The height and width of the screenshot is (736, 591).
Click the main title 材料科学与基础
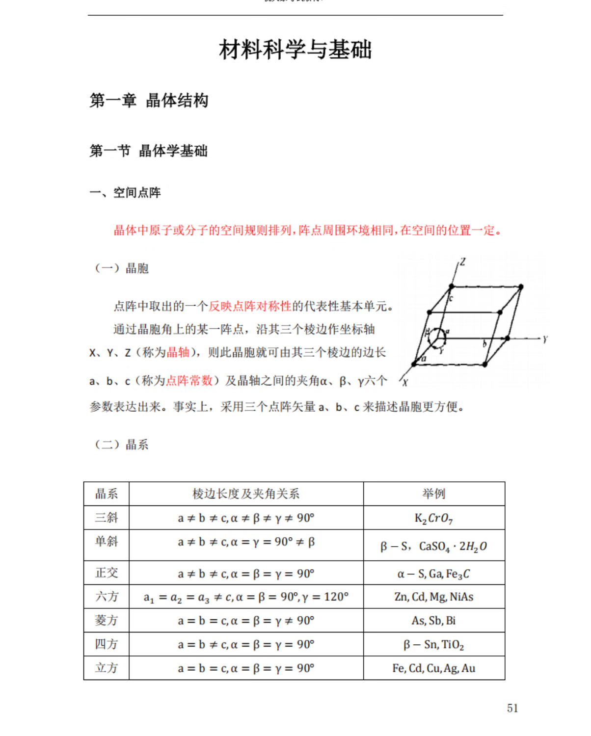click(295, 50)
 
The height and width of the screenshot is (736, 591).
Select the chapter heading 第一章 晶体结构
click(149, 101)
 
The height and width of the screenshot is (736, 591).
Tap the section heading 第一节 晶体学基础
click(148, 151)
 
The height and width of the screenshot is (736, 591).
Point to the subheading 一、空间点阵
click(125, 193)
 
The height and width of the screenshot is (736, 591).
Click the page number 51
click(512, 708)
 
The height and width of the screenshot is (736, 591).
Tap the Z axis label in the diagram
click(462, 262)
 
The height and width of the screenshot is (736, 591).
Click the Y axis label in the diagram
click(545, 339)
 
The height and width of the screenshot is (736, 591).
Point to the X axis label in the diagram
click(405, 382)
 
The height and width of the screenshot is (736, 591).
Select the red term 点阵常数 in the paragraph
click(189, 381)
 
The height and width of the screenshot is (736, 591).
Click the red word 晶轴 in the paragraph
click(178, 352)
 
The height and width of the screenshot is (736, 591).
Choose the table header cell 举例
click(434, 494)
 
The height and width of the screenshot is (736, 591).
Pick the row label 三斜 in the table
click(107, 518)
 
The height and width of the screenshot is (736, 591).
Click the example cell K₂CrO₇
click(434, 519)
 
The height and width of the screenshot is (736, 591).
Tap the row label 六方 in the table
click(107, 597)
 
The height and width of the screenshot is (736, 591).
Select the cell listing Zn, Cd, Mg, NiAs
click(434, 597)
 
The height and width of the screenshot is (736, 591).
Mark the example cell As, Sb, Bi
click(434, 621)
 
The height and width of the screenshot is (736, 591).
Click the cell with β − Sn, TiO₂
click(434, 645)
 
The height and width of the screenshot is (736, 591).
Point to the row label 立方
click(107, 668)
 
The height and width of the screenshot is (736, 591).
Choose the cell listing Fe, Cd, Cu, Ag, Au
click(434, 668)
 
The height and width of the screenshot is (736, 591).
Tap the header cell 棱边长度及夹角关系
click(246, 494)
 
